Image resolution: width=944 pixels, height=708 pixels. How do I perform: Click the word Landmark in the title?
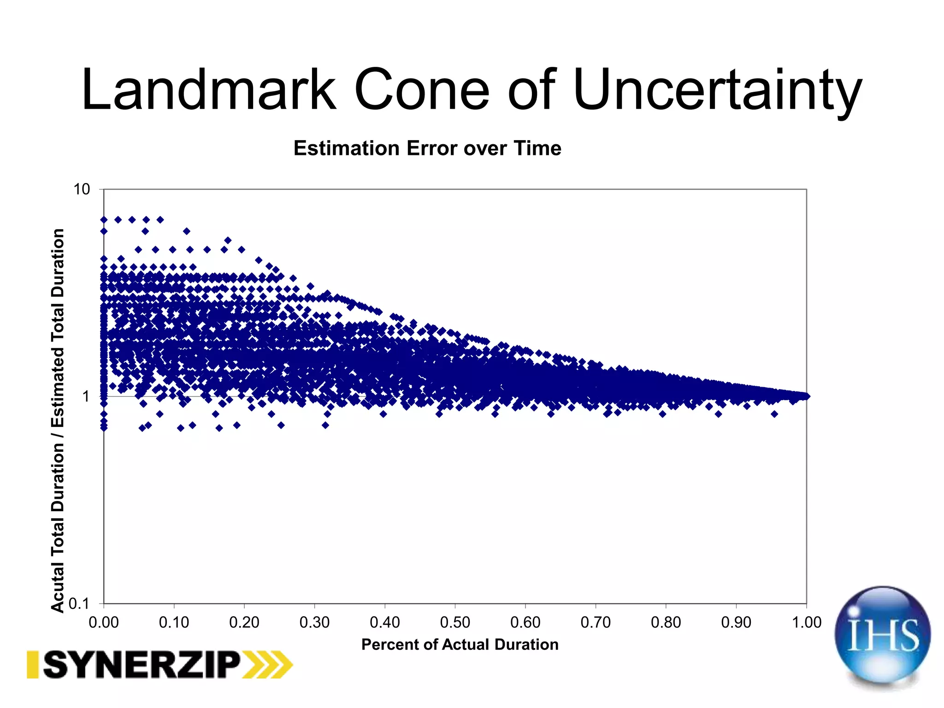coord(208,90)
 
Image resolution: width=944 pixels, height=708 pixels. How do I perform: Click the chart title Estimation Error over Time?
coord(427,148)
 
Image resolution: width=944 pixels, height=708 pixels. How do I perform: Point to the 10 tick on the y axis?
coord(82,189)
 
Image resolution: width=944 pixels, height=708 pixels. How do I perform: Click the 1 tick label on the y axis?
coord(86,396)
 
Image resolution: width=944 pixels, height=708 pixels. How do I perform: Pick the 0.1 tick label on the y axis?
coord(78,603)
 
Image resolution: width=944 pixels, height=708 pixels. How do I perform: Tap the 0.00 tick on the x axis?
coord(104,622)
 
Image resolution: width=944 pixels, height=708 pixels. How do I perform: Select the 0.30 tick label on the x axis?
coord(314,622)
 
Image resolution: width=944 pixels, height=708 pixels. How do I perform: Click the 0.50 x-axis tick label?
coord(455,622)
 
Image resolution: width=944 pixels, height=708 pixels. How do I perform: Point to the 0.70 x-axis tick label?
coord(596,622)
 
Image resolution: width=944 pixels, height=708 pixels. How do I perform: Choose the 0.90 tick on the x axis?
coord(736,622)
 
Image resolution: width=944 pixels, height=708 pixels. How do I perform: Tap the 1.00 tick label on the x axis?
coord(807,622)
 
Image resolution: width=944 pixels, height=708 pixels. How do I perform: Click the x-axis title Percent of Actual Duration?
coord(460,644)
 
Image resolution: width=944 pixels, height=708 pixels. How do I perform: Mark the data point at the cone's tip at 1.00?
coord(806,396)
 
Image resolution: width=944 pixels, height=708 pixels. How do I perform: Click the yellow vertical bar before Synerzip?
coord(32,665)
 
